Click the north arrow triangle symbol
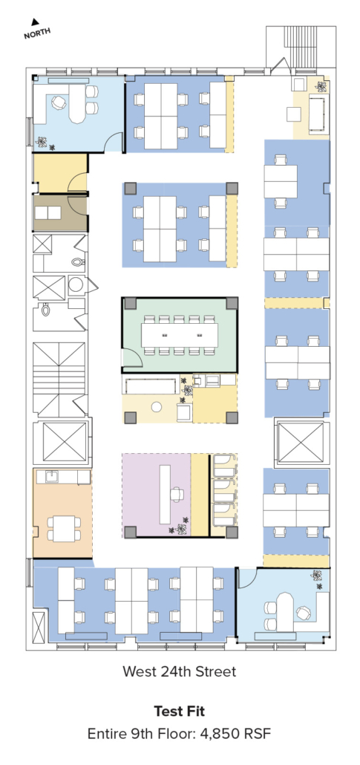pyautogui.click(x=34, y=22)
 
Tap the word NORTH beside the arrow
pyautogui.click(x=37, y=33)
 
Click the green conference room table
pyautogui.click(x=180, y=335)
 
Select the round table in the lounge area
pyautogui.click(x=156, y=406)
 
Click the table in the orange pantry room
pyautogui.click(x=64, y=528)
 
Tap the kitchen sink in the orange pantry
pyautogui.click(x=52, y=477)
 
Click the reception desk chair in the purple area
pyautogui.click(x=177, y=495)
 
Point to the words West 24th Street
pyautogui.click(x=179, y=671)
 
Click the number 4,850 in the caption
pyautogui.click(x=222, y=733)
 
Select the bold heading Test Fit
pyautogui.click(x=180, y=711)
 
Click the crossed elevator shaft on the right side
pyautogui.click(x=301, y=442)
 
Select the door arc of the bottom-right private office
pyautogui.click(x=247, y=578)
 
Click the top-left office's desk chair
pyautogui.click(x=59, y=102)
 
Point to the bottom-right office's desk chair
pyautogui.click(x=304, y=613)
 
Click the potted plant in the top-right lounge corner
pyautogui.click(x=321, y=86)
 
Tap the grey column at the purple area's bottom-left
pyautogui.click(x=130, y=532)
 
